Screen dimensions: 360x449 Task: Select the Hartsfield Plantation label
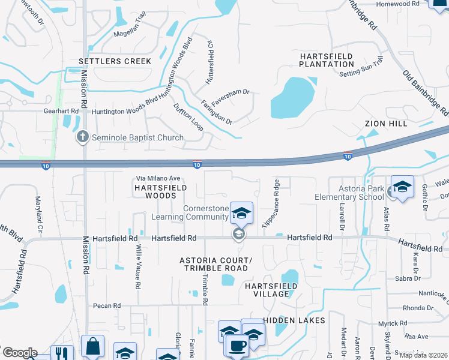coord(327,60)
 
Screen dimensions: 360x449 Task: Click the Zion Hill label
coord(385,124)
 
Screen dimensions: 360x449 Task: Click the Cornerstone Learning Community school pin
coord(241,212)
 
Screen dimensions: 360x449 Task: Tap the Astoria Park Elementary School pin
coord(403,186)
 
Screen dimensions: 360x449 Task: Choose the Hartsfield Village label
coord(271,290)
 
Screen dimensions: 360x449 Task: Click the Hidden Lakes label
coord(294,320)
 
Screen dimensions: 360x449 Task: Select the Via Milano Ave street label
coord(158,178)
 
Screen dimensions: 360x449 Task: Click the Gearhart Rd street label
coord(61,112)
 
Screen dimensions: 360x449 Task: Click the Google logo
coord(20,352)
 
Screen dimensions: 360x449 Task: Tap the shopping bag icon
coord(93,346)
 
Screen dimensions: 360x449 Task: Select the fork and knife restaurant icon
coord(61,353)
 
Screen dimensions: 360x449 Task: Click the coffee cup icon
coord(237,346)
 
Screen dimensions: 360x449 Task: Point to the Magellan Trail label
coord(130,28)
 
